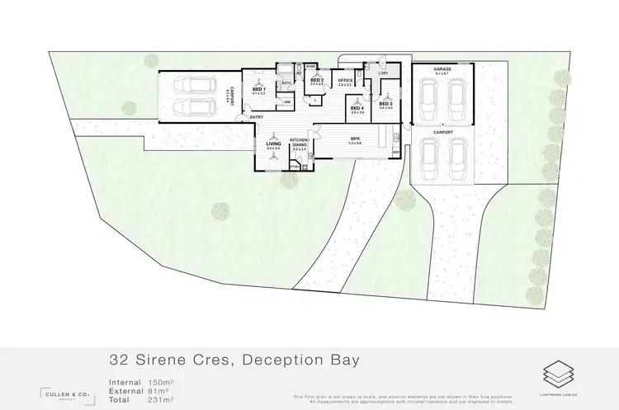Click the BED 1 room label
point(258,89)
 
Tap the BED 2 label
point(316,80)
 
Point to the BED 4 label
point(357,108)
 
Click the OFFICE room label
point(345,80)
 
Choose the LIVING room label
point(273,144)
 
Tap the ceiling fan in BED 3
point(386,97)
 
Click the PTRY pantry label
point(294,166)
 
